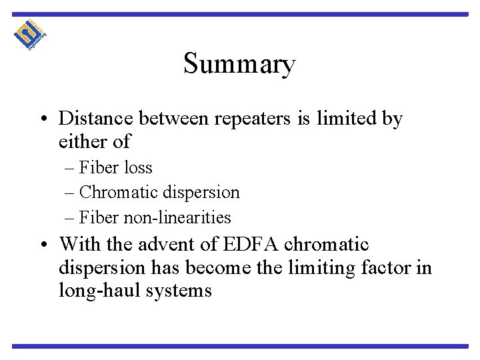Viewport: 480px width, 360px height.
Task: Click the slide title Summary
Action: pyautogui.click(x=239, y=65)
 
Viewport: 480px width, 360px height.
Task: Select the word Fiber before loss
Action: pyautogui.click(x=98, y=167)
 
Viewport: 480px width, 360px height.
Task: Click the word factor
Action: pyautogui.click(x=388, y=269)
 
